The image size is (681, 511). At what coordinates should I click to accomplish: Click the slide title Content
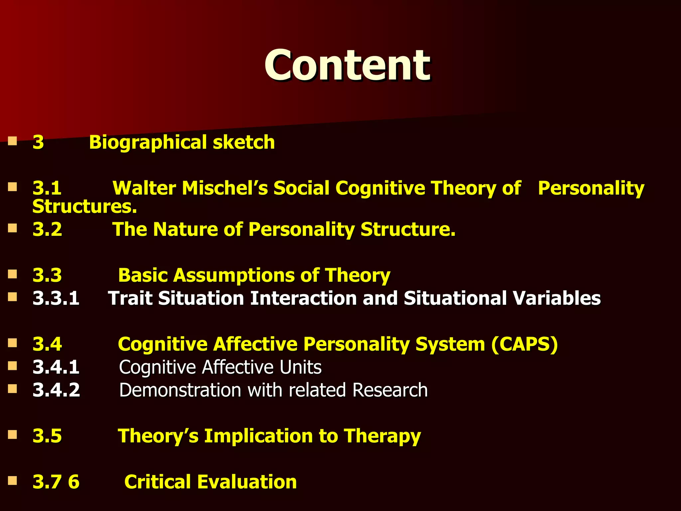[347, 65]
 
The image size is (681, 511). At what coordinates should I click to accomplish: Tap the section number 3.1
[47, 188]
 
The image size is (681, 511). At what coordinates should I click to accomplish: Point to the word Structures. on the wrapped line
[84, 207]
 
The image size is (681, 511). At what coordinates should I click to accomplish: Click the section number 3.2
[47, 230]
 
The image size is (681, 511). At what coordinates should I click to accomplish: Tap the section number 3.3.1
[56, 298]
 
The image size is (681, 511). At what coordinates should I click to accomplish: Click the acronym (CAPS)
[524, 344]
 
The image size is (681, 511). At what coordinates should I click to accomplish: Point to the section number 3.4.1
[56, 367]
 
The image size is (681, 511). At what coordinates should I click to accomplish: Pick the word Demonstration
[180, 390]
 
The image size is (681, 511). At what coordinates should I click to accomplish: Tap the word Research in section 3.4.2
[390, 390]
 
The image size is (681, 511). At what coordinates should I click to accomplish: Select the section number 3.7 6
[56, 482]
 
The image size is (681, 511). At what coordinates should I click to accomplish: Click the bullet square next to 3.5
[13, 435]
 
